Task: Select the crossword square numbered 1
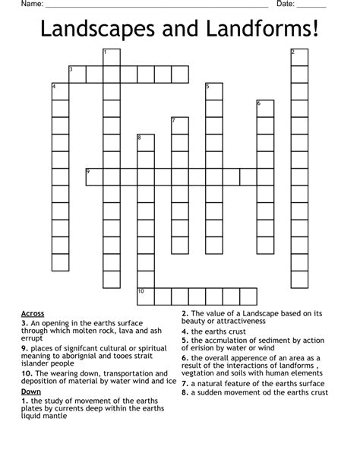tap(112, 57)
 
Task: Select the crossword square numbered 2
tap(298, 57)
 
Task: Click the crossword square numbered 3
tap(77, 74)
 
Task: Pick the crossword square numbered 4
tap(60, 91)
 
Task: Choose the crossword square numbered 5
tap(213, 91)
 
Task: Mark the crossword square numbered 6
tap(264, 108)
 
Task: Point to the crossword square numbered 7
tap(179, 125)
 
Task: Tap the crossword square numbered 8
tap(145, 142)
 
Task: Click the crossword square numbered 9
tap(94, 176)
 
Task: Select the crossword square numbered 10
tap(145, 296)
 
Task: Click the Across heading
tap(33, 313)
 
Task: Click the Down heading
tap(31, 391)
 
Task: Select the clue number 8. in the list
tap(185, 392)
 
